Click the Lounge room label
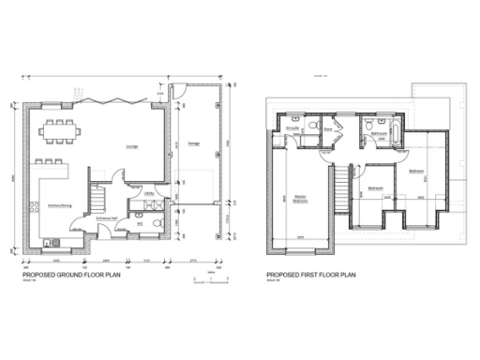click(x=133, y=147)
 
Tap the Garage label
click(x=194, y=143)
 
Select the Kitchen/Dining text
click(x=61, y=205)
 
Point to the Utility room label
click(x=149, y=194)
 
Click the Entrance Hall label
click(x=105, y=218)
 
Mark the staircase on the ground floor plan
click(x=97, y=198)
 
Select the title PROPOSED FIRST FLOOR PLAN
click(x=311, y=275)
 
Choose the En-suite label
click(x=292, y=127)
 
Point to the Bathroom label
click(x=380, y=134)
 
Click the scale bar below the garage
click(x=205, y=279)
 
